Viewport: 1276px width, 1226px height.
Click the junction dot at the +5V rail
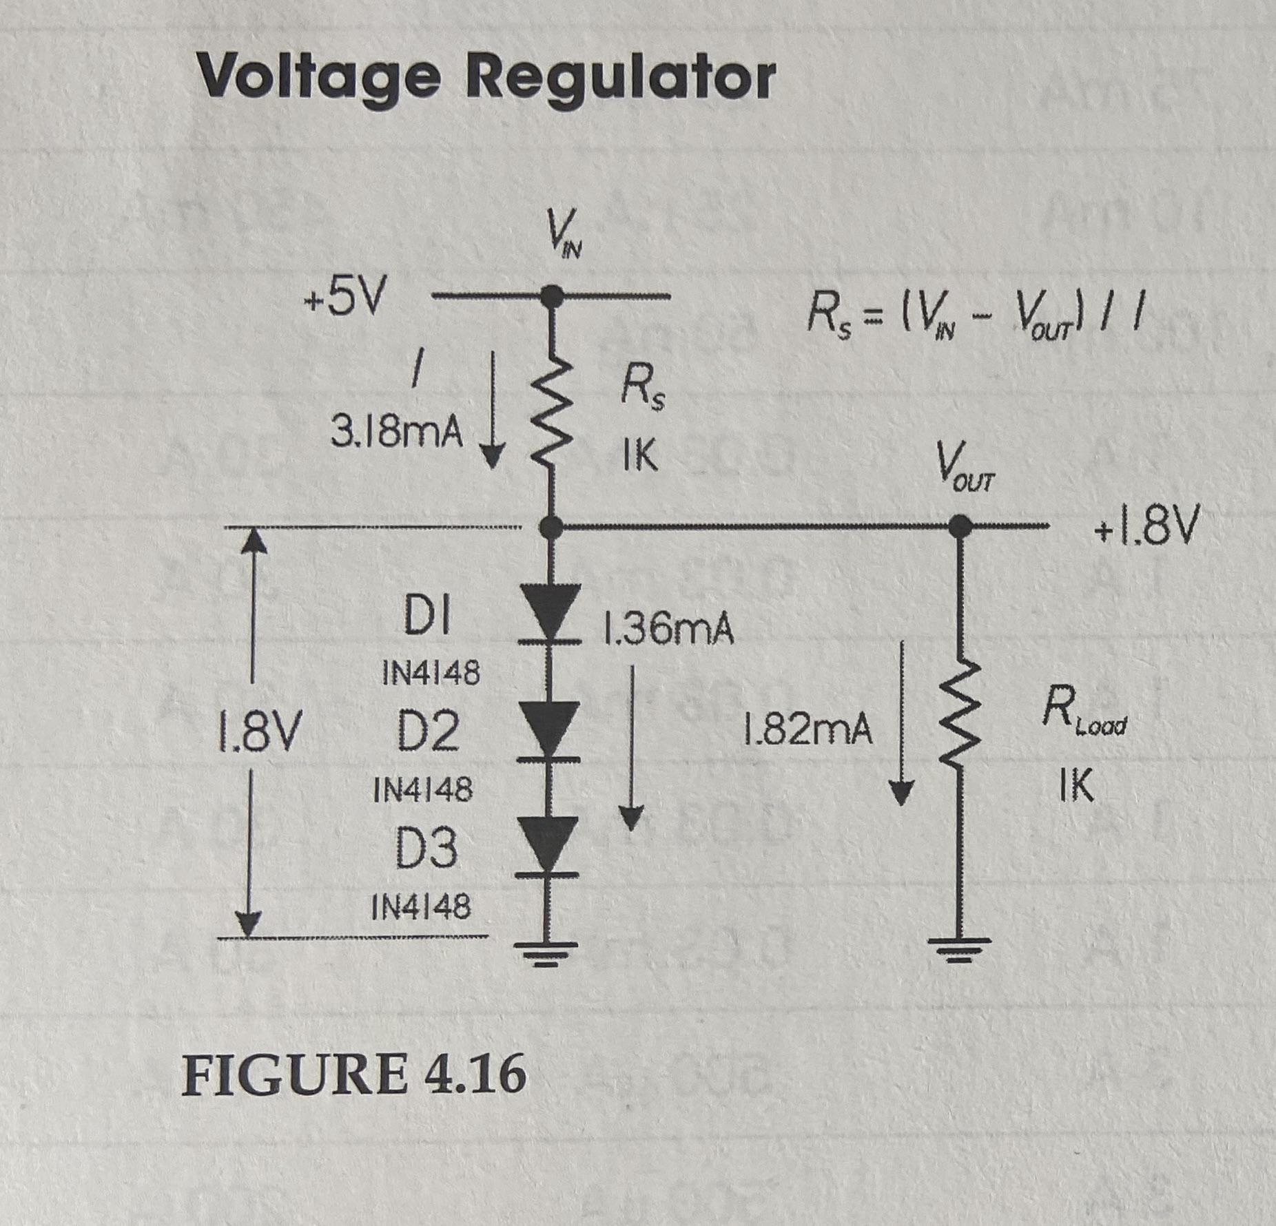click(550, 297)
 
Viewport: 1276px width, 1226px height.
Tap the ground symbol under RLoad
click(960, 950)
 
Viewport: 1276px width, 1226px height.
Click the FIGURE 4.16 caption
click(353, 1074)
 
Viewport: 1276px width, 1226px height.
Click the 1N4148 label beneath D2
click(423, 789)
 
